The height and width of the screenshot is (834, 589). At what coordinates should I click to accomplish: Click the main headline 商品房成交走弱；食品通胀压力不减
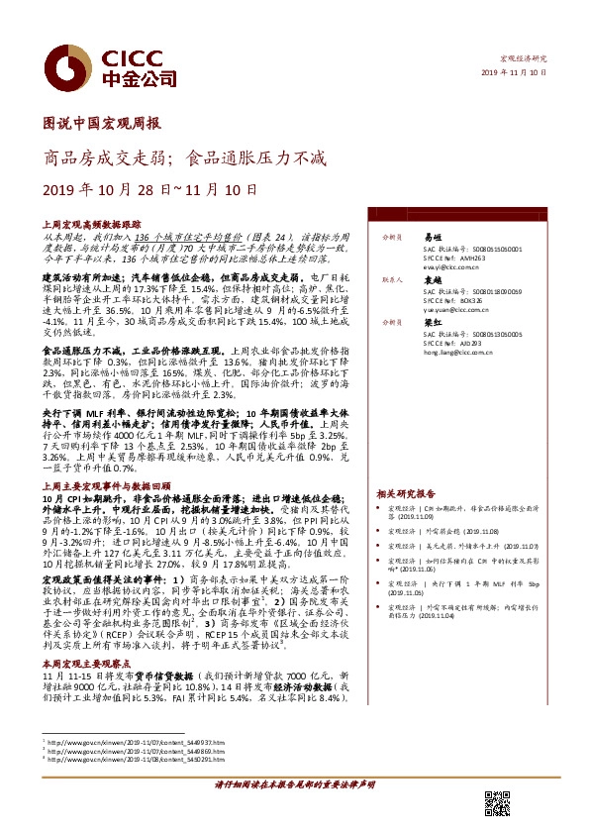point(184,156)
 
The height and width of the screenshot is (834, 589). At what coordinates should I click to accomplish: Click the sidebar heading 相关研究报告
point(406,493)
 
